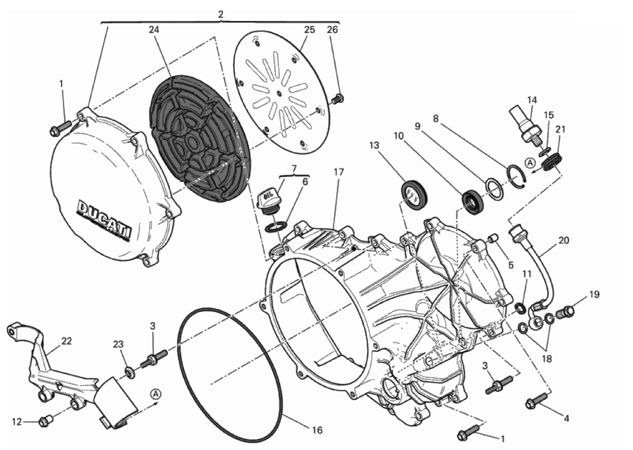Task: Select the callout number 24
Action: [x=154, y=31]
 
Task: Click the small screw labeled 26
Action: [x=337, y=99]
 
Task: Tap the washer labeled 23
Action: [x=129, y=370]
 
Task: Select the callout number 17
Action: [x=339, y=172]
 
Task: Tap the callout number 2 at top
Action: [x=220, y=14]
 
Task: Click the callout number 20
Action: [x=564, y=240]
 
